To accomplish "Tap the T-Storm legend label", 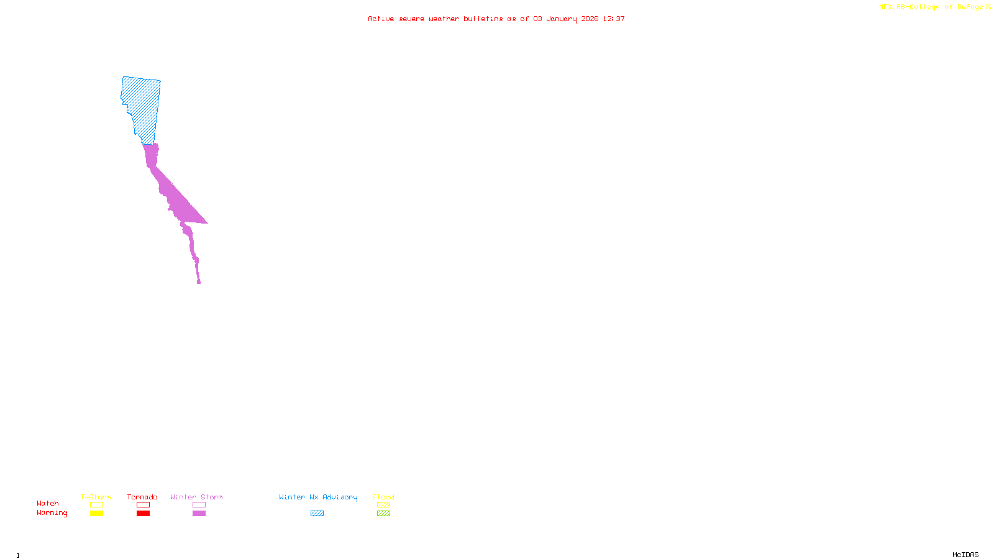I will click(x=96, y=497).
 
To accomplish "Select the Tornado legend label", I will click(x=142, y=497).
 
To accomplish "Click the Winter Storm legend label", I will click(x=196, y=497).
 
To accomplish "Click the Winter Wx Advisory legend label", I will click(x=318, y=497).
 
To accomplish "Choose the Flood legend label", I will click(x=383, y=497).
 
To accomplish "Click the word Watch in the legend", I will click(x=48, y=503).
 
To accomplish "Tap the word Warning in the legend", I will click(x=52, y=513).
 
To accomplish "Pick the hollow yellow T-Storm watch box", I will click(x=96, y=505).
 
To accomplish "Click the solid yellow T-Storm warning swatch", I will click(x=96, y=514).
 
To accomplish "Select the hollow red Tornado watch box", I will click(x=143, y=505).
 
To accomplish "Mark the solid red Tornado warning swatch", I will click(x=143, y=514).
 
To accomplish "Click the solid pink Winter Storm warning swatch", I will click(x=199, y=514).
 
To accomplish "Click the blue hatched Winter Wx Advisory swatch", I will click(x=317, y=514).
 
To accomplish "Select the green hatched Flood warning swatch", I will click(x=383, y=514).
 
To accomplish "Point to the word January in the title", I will click(x=562, y=19).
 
